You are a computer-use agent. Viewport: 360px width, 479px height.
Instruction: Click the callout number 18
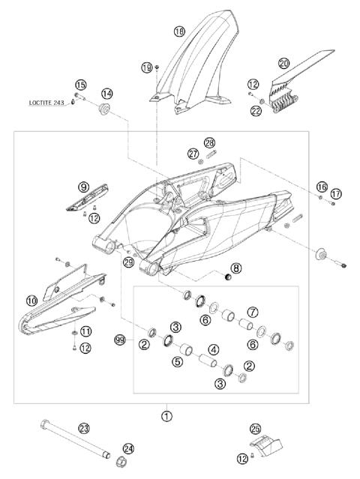(x=178, y=31)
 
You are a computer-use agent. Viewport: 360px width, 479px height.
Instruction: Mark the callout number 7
(x=253, y=311)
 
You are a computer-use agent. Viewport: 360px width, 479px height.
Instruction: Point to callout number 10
(x=31, y=301)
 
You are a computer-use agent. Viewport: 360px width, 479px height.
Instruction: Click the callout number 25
(x=255, y=429)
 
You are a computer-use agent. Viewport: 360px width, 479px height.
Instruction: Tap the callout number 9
(x=83, y=186)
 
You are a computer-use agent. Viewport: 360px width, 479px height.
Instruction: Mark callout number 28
(x=209, y=142)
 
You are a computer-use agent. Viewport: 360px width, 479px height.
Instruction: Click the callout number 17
(x=335, y=193)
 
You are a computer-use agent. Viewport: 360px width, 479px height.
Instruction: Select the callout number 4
(x=213, y=349)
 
